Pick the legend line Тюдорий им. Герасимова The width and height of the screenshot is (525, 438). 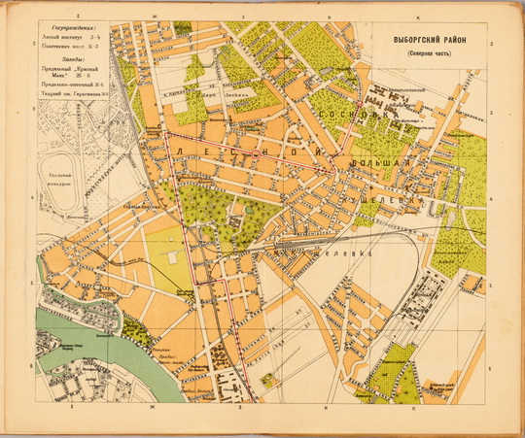pos(74,93)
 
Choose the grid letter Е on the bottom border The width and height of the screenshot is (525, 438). pos(74,411)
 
